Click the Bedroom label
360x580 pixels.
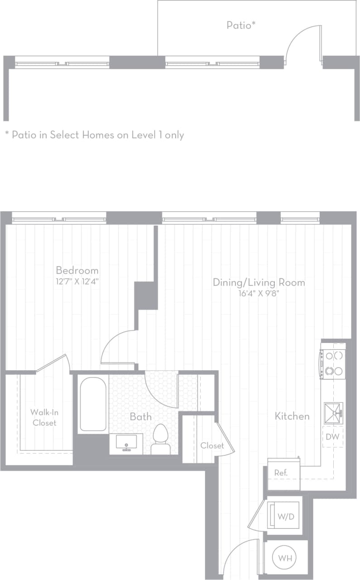coord(77,270)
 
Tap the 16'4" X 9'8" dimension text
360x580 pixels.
coord(259,293)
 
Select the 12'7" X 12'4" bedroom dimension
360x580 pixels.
coord(77,281)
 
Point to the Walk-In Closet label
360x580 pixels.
coord(44,417)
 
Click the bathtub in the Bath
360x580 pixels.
coord(93,404)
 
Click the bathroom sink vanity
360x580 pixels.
coord(126,444)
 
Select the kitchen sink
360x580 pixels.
coord(333,411)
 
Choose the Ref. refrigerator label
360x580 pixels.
coord(281,473)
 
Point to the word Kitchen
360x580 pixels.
coord(292,416)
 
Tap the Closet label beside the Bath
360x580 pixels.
coord(212,445)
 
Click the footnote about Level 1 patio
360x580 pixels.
coord(94,135)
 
